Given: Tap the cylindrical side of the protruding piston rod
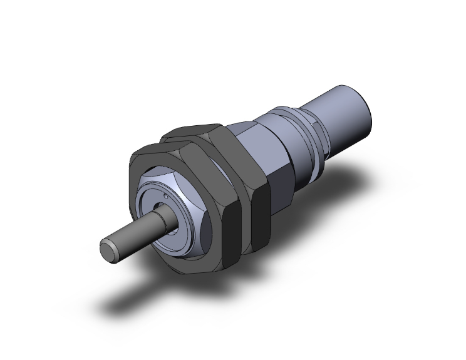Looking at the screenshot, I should [135, 232].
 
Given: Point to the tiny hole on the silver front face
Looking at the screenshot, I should [164, 198].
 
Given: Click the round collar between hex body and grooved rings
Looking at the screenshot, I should [294, 150].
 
